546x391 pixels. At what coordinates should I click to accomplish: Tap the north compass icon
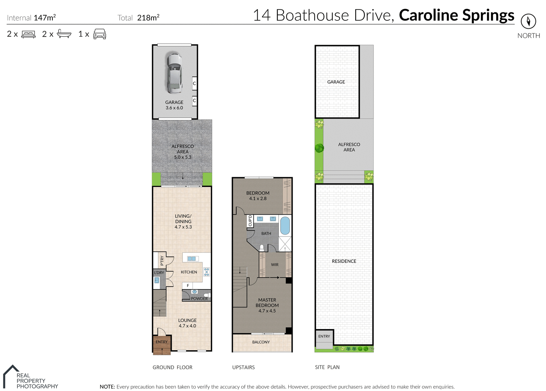coord(528,21)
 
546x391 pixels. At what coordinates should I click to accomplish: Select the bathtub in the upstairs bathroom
coord(285,226)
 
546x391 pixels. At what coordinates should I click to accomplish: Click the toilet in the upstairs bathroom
coord(262,248)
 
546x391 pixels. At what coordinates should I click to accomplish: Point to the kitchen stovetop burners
coord(207,272)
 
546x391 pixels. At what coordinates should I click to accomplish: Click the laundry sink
coord(157,280)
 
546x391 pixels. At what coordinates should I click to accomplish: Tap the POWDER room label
coord(199,299)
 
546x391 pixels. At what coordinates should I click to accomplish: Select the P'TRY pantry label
coord(162,260)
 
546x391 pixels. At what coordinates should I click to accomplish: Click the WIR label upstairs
coord(275,265)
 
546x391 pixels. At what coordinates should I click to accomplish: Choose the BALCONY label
coord(261,342)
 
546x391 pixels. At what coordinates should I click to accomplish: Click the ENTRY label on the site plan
coord(324,336)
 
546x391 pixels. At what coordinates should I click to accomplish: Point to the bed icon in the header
coord(28,34)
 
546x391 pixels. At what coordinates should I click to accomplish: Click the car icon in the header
coord(100,34)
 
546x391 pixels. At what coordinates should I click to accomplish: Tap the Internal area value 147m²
coord(45,17)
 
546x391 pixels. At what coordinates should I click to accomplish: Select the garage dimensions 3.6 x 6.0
coord(174,108)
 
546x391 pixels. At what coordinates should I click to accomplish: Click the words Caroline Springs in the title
coord(456,15)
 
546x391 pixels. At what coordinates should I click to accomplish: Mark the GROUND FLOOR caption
coord(173,367)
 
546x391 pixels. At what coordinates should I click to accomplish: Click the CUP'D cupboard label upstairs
coord(250,221)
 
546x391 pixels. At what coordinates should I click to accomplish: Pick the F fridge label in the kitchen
coord(188,286)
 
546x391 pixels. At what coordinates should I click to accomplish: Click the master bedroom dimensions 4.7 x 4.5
coord(267,311)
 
